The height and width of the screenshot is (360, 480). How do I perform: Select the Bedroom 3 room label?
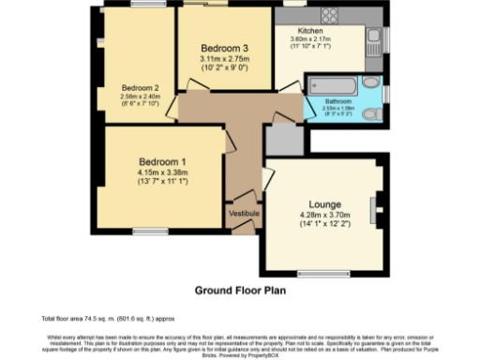(x=224, y=49)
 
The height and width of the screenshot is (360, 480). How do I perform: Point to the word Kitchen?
(x=285, y=31)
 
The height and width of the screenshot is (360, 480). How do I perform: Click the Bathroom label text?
(x=337, y=100)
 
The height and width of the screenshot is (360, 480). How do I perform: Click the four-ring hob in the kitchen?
(x=329, y=16)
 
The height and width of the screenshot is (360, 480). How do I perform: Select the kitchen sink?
(x=374, y=39)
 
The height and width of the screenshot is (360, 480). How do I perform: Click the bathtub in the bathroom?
(x=331, y=85)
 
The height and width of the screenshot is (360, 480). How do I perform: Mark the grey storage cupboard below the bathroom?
(x=282, y=139)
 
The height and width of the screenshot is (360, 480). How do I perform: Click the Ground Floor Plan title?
(x=239, y=291)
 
